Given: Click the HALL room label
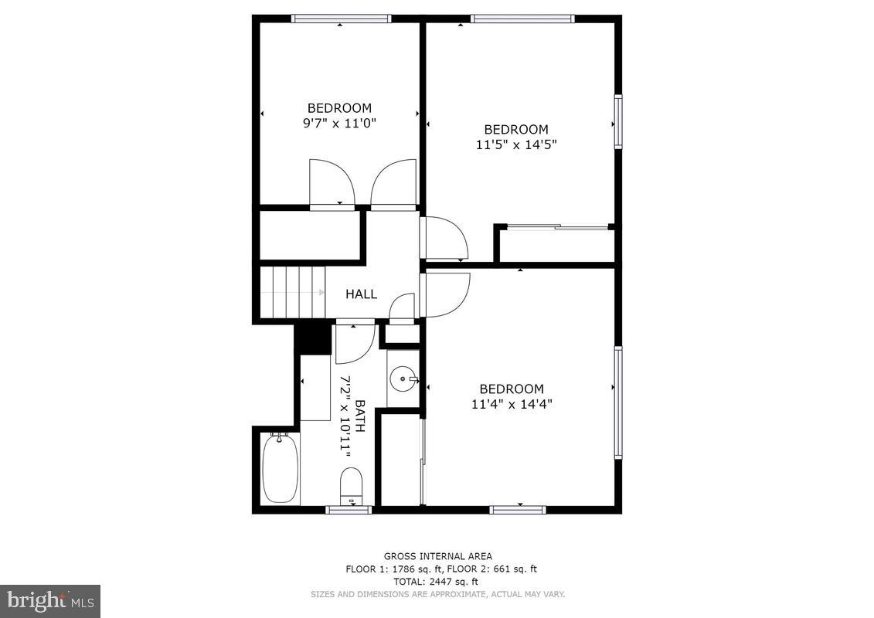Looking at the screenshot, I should click(x=361, y=294).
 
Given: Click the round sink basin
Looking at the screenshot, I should click(x=403, y=379).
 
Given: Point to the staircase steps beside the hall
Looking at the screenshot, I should click(x=291, y=292).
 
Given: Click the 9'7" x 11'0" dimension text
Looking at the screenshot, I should click(x=339, y=123).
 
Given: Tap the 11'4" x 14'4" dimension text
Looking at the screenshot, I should click(x=511, y=403).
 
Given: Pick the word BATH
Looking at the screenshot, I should click(x=359, y=416).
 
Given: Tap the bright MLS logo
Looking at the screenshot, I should click(x=50, y=600).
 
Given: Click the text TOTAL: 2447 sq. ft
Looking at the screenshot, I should click(x=437, y=582).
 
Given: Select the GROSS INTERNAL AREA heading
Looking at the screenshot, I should click(x=437, y=556).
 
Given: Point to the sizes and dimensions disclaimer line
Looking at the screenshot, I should click(x=437, y=594).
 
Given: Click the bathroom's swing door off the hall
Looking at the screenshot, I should click(x=355, y=341).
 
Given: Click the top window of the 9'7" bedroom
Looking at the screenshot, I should click(x=341, y=19).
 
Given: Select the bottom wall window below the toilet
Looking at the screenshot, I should click(x=349, y=510).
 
